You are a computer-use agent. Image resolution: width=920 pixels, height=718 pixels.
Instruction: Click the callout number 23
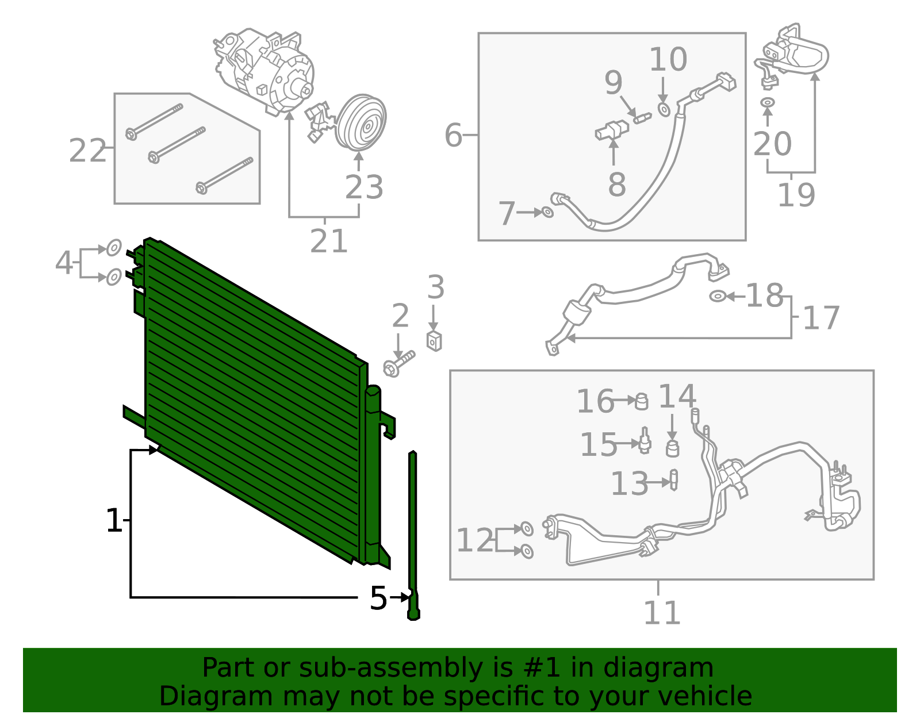[364, 187]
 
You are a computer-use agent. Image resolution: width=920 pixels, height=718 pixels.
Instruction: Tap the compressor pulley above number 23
[361, 122]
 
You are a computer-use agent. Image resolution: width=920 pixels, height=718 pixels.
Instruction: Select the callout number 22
[87, 151]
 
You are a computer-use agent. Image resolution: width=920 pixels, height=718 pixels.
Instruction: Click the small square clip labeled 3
[434, 341]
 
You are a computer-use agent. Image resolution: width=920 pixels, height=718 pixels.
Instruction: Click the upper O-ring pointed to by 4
[114, 248]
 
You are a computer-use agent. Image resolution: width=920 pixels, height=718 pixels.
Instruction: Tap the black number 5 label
[378, 598]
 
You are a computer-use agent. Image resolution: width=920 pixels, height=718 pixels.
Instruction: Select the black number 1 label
[114, 521]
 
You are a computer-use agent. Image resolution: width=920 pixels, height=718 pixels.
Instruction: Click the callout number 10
[668, 60]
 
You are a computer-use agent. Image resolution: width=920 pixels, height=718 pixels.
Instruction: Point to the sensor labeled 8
[611, 132]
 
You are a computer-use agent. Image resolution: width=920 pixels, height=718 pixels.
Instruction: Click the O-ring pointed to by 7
[547, 212]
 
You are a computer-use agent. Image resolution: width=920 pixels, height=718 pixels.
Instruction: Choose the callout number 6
[453, 136]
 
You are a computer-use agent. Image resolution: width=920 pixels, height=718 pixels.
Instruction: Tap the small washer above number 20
[767, 102]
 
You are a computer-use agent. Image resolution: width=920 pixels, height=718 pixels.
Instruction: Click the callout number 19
[796, 195]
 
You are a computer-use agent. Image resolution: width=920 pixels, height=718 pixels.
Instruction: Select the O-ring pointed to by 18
[717, 296]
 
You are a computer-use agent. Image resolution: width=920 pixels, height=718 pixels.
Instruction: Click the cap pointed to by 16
[642, 401]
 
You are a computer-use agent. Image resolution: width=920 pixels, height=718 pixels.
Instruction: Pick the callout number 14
[677, 397]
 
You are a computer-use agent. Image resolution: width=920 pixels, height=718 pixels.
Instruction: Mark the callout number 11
[661, 613]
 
